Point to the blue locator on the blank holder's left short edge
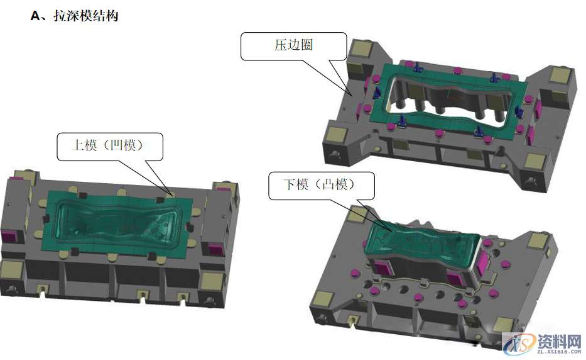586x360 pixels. [x=377, y=93]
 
